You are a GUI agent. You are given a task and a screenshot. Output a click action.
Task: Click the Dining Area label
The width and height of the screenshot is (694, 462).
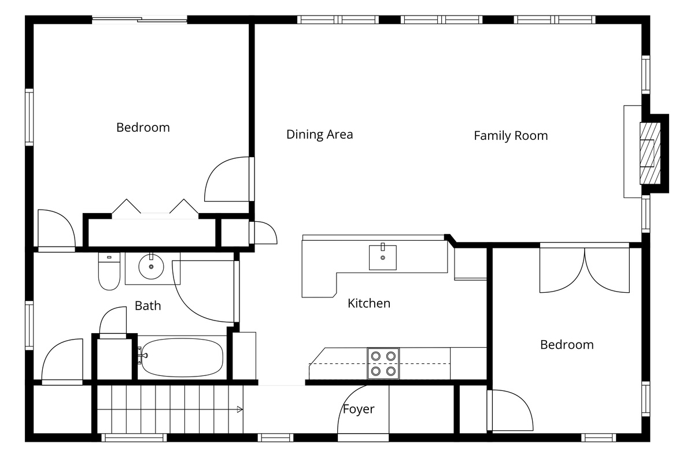(x=319, y=135)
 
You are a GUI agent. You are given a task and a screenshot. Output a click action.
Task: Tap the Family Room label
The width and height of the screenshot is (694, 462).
(x=511, y=136)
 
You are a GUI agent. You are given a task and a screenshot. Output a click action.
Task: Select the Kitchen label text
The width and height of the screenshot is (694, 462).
(x=369, y=303)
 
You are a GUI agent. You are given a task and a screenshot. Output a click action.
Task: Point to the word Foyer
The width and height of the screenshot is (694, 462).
(x=359, y=409)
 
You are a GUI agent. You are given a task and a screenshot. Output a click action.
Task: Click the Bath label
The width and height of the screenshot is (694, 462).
(x=148, y=305)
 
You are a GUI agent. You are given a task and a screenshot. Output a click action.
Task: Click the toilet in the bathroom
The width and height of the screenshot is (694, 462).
(x=109, y=271)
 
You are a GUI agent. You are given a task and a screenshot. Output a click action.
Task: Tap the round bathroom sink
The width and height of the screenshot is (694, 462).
(x=151, y=266)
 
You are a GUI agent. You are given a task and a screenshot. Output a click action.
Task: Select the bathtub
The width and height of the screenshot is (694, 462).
(x=182, y=357)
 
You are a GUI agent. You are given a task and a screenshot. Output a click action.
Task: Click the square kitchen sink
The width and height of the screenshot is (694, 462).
(x=383, y=258)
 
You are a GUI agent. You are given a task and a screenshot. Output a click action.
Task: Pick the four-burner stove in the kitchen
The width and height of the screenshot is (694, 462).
(x=383, y=363)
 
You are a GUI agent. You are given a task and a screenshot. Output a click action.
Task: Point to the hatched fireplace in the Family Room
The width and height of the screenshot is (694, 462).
(x=650, y=154)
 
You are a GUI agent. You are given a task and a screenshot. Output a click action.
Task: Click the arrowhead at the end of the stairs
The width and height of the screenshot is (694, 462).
(x=240, y=409)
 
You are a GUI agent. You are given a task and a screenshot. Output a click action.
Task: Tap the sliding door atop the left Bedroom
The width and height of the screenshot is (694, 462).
(x=139, y=20)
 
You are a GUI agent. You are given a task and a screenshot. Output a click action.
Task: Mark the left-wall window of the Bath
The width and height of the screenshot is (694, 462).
(x=29, y=326)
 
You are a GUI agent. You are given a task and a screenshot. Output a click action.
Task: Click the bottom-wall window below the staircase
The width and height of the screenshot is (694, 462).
(x=134, y=438)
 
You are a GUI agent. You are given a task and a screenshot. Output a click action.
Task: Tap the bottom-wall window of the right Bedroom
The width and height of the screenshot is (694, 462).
(x=599, y=438)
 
